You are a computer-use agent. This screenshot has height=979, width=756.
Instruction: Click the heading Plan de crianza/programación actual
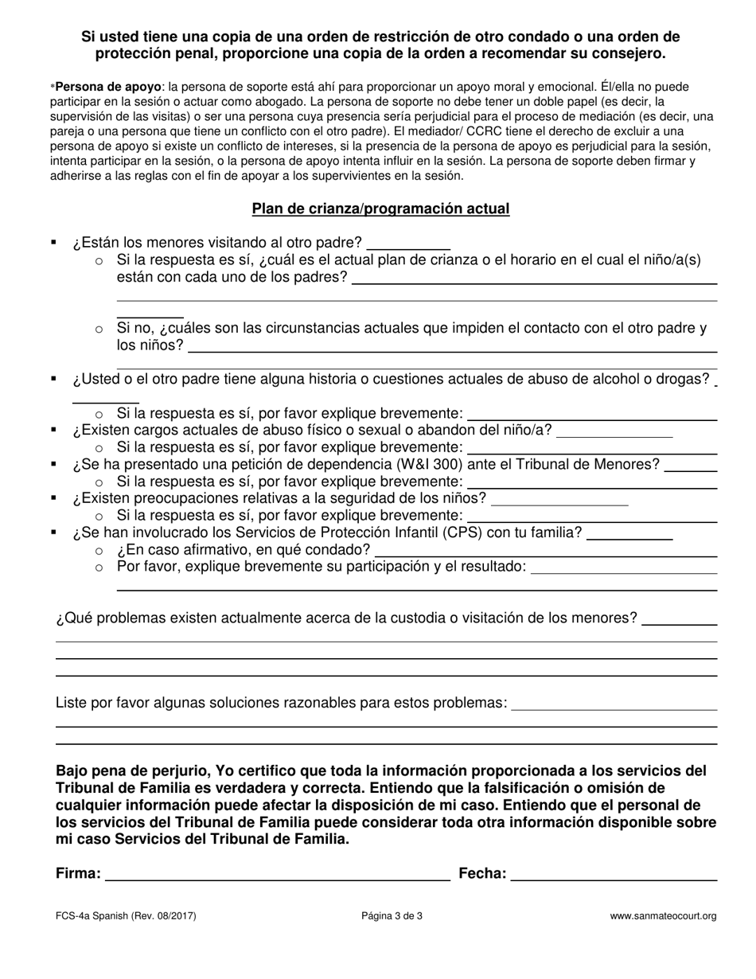380,209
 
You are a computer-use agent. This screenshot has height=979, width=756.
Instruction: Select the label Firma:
78,874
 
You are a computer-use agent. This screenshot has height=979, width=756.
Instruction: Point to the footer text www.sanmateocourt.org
663,916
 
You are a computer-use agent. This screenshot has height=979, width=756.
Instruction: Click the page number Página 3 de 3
392,916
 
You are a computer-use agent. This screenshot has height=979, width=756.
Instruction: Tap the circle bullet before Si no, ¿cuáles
99,328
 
